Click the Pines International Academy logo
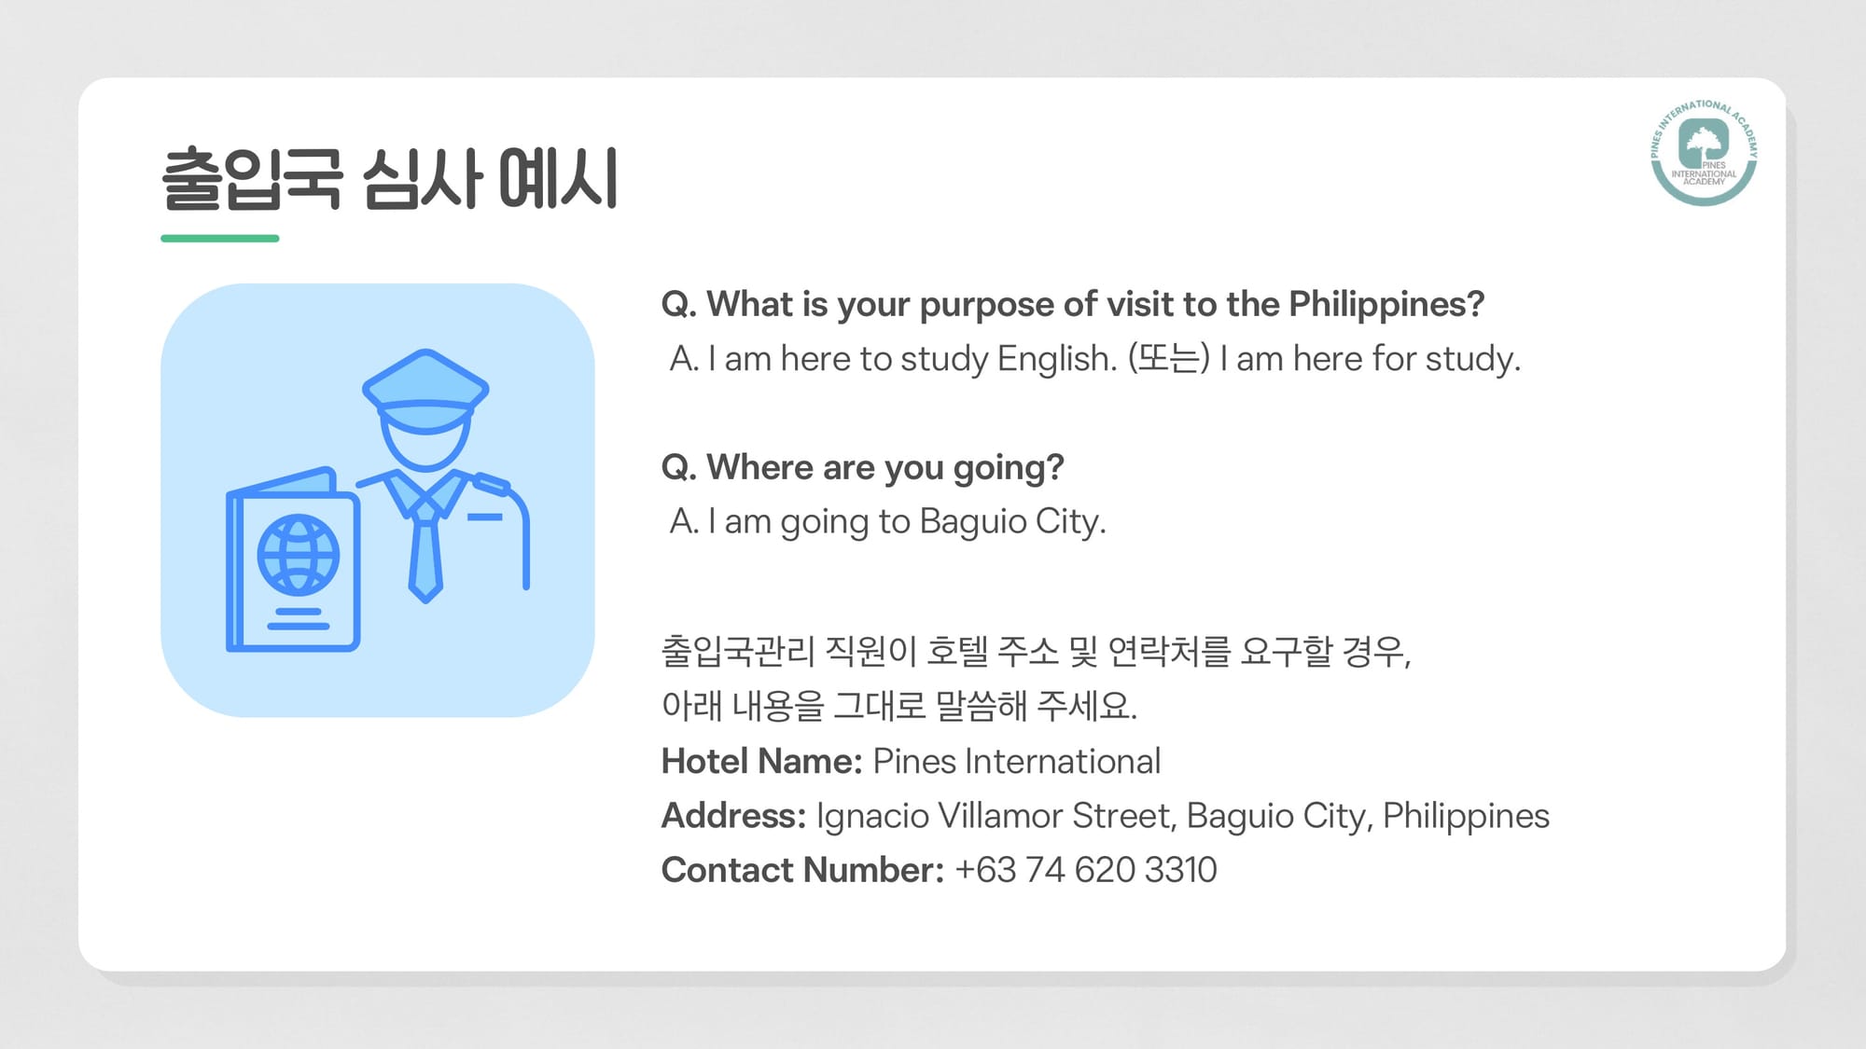pyautogui.click(x=1704, y=152)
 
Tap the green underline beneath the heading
pyautogui.click(x=220, y=239)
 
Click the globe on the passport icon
pyautogui.click(x=299, y=555)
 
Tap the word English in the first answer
pyautogui.click(x=1056, y=359)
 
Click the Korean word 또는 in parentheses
pyautogui.click(x=1168, y=359)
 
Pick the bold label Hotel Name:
pyautogui.click(x=761, y=762)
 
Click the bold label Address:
pyautogui.click(x=733, y=816)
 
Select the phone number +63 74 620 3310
pyautogui.click(x=1086, y=870)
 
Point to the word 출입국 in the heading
pyautogui.click(x=252, y=179)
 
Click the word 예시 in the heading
pyautogui.click(x=558, y=178)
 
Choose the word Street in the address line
pyautogui.click(x=1124, y=816)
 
